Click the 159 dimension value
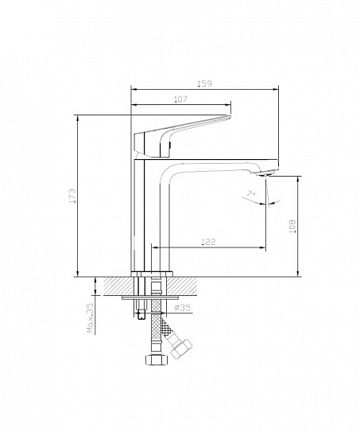tap(205, 84)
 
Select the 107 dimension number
tap(180, 99)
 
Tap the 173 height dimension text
tap(72, 196)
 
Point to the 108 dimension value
tap(292, 226)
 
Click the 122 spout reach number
tap(209, 242)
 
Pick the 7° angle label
tap(251, 194)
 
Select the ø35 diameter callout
tap(183, 307)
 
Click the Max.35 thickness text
tap(91, 318)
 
